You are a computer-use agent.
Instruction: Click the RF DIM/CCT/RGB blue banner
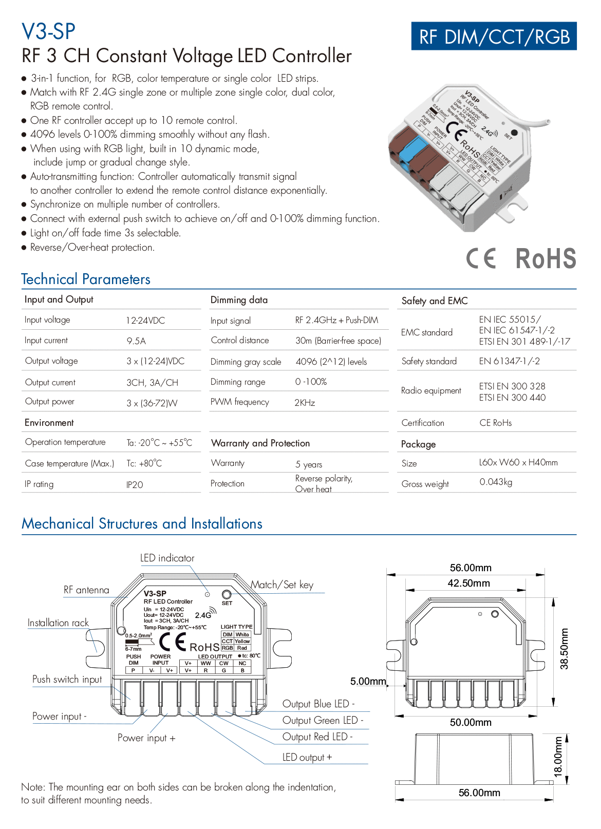(x=494, y=36)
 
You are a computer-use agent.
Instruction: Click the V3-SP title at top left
(x=48, y=32)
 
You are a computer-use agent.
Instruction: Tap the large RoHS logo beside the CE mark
(x=546, y=258)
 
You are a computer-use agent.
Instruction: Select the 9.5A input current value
(x=136, y=341)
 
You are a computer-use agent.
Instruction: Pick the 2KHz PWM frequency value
(x=305, y=403)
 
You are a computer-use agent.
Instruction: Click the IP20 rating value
(x=135, y=485)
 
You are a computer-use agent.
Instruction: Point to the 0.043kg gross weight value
(x=496, y=482)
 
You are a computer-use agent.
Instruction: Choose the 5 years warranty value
(x=309, y=464)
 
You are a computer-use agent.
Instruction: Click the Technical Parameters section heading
(x=86, y=279)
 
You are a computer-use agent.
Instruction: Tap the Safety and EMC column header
(x=435, y=301)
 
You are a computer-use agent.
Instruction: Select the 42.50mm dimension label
(x=468, y=583)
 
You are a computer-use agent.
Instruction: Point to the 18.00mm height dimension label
(x=558, y=757)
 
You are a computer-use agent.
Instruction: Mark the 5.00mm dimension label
(x=368, y=682)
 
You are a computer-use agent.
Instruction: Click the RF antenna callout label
(x=86, y=590)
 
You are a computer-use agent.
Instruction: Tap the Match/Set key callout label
(x=282, y=585)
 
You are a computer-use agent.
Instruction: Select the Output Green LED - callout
(x=323, y=721)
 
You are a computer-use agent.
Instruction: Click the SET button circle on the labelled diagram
(x=227, y=595)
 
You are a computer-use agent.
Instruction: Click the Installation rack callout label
(x=58, y=623)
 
